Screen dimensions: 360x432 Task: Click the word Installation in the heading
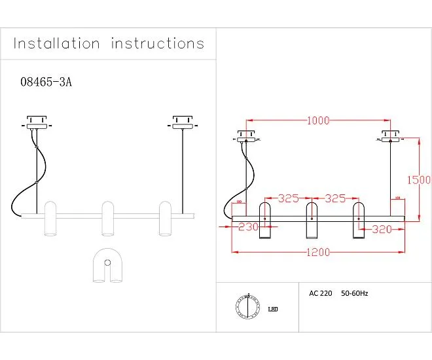tap(57, 44)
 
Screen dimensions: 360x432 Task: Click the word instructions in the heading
tap(158, 44)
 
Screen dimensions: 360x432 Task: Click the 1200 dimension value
tap(318, 252)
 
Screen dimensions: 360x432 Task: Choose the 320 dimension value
tap(383, 229)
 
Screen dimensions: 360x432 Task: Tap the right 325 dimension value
tap(335, 198)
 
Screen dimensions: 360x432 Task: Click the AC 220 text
tap(321, 294)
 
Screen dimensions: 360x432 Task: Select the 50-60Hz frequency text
tap(355, 294)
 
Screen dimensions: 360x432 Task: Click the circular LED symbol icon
tap(247, 306)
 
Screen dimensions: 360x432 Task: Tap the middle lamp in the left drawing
tap(109, 219)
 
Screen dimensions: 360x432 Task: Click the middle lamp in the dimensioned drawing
tap(312, 221)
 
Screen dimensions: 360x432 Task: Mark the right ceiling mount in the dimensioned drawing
tap(391, 138)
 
